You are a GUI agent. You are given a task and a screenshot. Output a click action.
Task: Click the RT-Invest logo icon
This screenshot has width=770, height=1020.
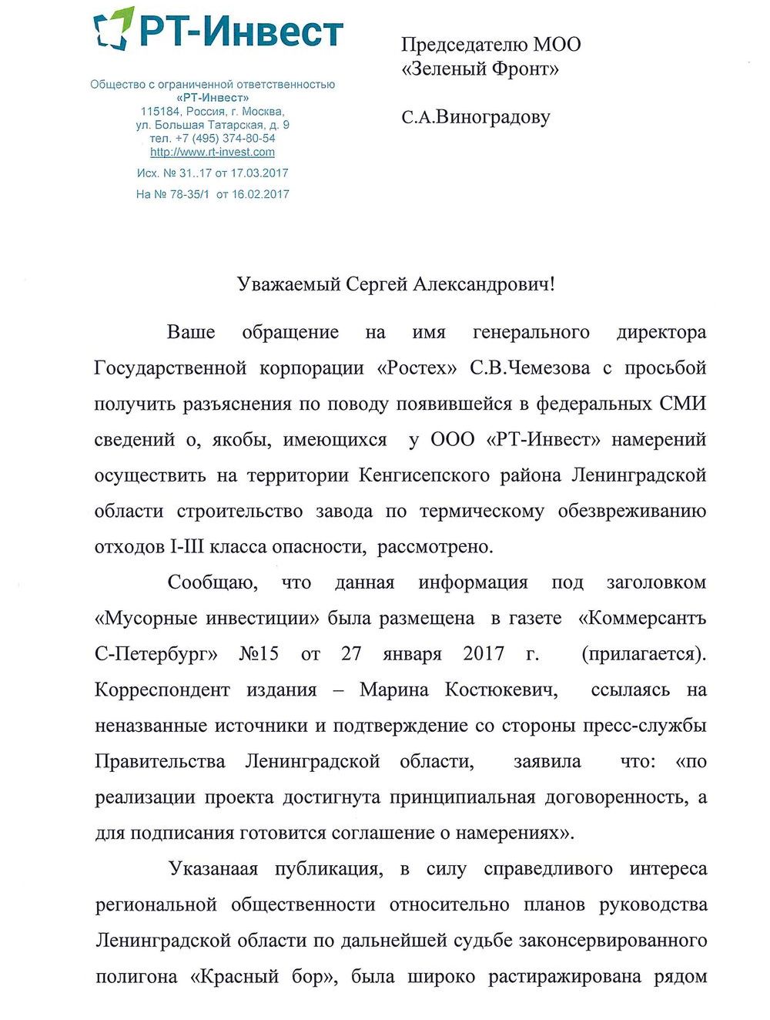(113, 29)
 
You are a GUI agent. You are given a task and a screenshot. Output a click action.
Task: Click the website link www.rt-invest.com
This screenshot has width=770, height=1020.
(213, 152)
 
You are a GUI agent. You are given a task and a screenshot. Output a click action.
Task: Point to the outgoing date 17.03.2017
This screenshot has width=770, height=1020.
(259, 173)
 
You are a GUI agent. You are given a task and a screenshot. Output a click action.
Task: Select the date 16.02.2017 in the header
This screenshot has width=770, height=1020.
(260, 194)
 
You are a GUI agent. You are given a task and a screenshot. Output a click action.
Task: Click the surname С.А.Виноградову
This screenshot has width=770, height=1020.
(475, 117)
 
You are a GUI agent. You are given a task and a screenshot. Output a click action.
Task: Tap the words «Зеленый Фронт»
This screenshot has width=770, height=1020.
(480, 69)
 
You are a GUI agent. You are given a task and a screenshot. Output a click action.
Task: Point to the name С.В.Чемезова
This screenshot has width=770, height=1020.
(530, 368)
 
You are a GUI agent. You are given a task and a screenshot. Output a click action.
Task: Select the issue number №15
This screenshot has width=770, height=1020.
(259, 654)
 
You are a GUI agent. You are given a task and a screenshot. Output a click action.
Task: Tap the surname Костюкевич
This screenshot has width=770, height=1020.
(501, 690)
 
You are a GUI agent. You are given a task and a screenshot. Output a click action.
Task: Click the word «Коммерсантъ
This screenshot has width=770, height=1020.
(641, 618)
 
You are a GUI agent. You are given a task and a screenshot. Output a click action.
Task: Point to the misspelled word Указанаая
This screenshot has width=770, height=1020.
(213, 869)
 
